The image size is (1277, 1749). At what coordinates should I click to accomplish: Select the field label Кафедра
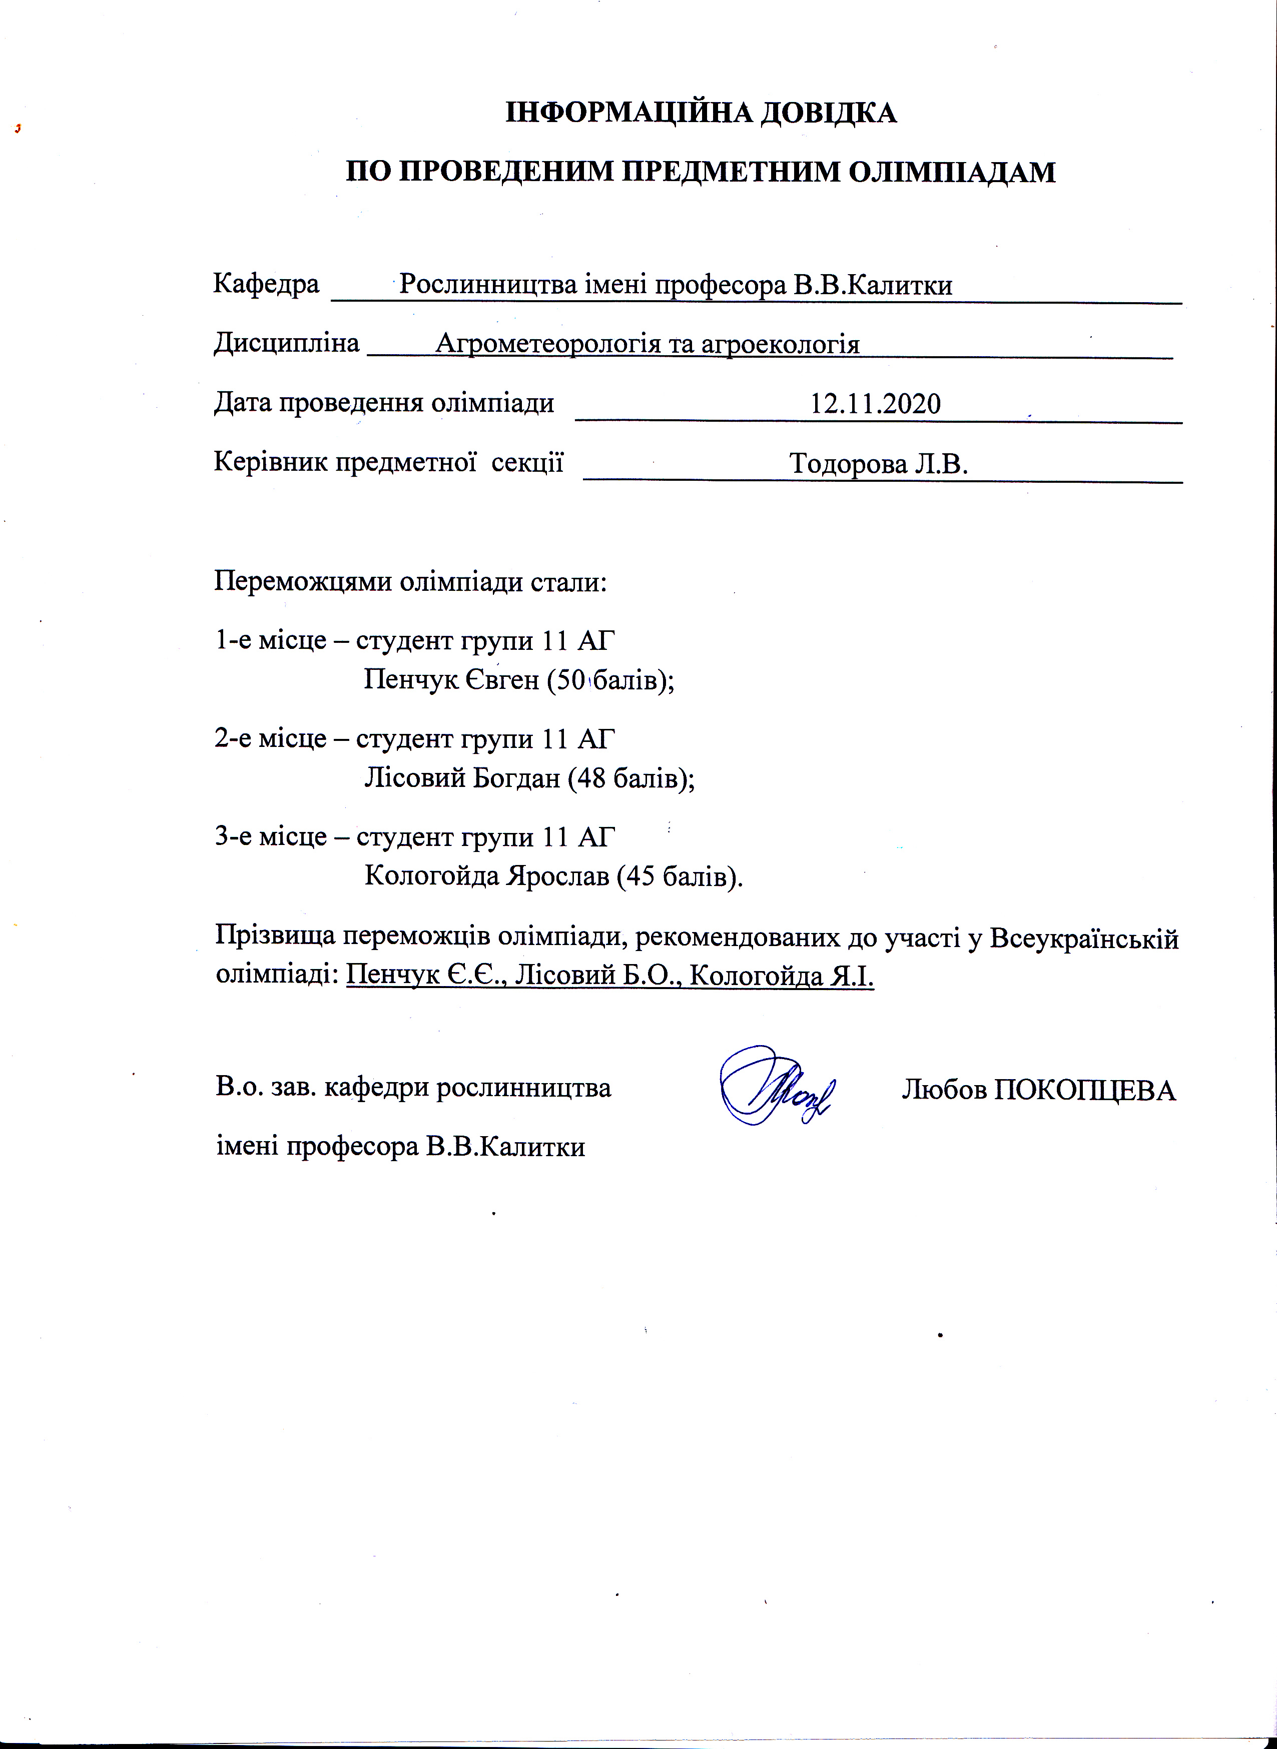coord(266,284)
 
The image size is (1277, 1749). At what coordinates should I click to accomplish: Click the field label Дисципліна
coord(286,342)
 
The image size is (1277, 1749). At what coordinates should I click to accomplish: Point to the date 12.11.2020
coord(875,403)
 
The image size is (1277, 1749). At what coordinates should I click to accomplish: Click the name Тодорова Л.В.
coord(879,464)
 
